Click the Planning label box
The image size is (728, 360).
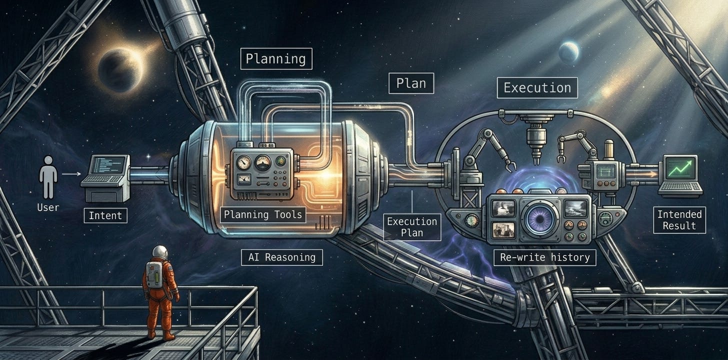(276, 58)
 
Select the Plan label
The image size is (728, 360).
(411, 83)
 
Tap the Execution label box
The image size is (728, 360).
(537, 87)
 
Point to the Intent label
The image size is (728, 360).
(105, 216)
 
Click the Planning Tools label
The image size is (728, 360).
(263, 215)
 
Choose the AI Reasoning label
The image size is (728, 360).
(282, 257)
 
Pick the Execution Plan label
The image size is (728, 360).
(412, 226)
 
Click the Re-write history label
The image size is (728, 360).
(544, 257)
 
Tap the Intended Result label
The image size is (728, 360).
(679, 220)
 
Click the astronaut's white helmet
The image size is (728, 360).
(159, 251)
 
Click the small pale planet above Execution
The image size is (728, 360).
(569, 52)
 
